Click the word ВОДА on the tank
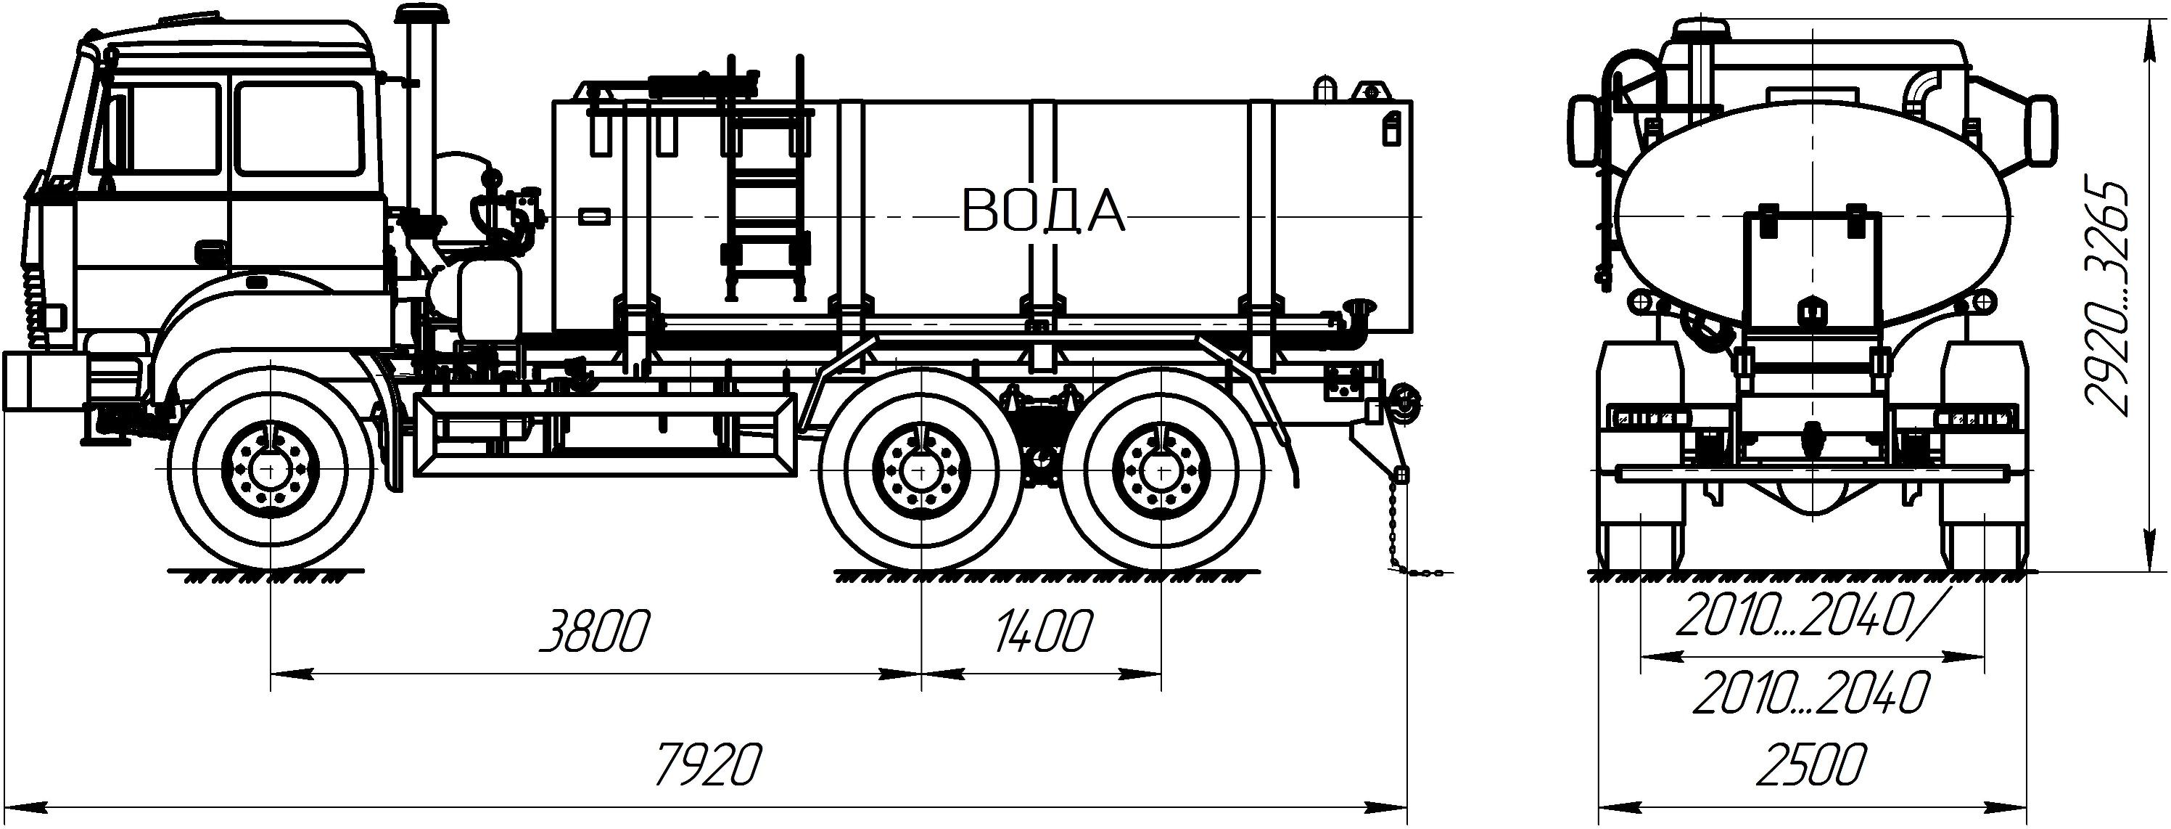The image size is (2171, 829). pos(1043,210)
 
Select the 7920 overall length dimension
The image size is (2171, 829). pos(709,765)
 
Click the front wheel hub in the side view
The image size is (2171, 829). pos(270,469)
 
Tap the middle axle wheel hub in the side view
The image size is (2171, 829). pos(921,469)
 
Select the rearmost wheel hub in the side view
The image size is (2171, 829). pos(1161,469)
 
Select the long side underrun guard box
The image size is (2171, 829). pos(605,435)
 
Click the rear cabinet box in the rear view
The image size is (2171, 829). pos(1811,271)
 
